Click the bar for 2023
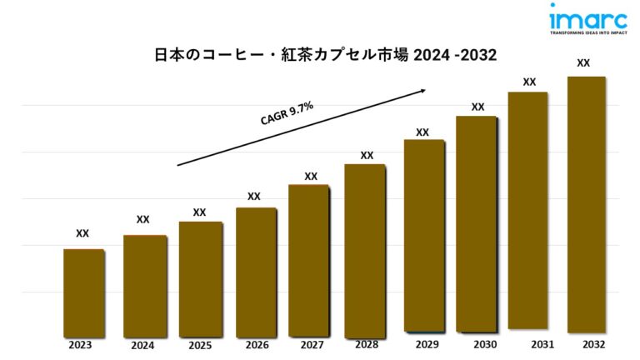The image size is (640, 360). click(x=83, y=292)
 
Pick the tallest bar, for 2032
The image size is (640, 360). click(x=585, y=204)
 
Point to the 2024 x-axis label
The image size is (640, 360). click(x=143, y=344)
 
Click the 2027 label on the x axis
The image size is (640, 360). click(x=311, y=344)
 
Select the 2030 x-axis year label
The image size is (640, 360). click(x=484, y=344)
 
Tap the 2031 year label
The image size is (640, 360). click(x=540, y=343)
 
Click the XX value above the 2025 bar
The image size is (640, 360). click(x=199, y=212)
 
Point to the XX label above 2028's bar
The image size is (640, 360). click(x=367, y=155)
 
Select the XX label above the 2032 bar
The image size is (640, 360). click(x=583, y=62)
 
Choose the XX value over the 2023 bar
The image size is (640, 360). click(x=82, y=233)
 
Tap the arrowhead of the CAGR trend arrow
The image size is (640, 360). click(x=424, y=90)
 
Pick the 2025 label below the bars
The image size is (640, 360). click(x=200, y=344)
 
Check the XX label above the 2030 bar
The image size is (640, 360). click(x=477, y=107)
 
